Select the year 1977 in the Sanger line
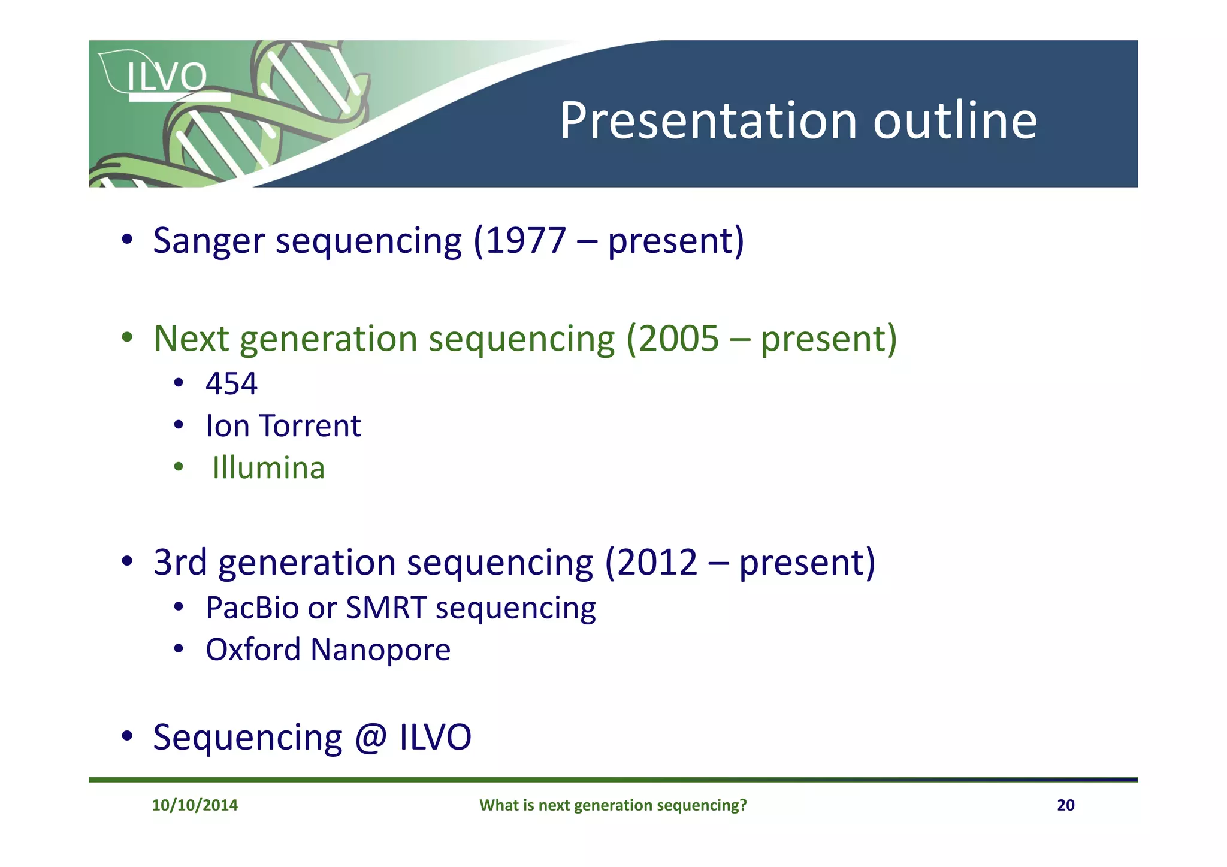tap(525, 241)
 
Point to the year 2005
tap(678, 339)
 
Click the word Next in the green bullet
tap(191, 339)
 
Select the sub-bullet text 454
tap(231, 384)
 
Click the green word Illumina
tap(268, 468)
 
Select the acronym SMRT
tap(386, 608)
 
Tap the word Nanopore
tap(380, 650)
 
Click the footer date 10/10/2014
tap(195, 805)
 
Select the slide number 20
tap(1065, 805)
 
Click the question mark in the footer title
tap(743, 805)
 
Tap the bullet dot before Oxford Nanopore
tap(179, 649)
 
